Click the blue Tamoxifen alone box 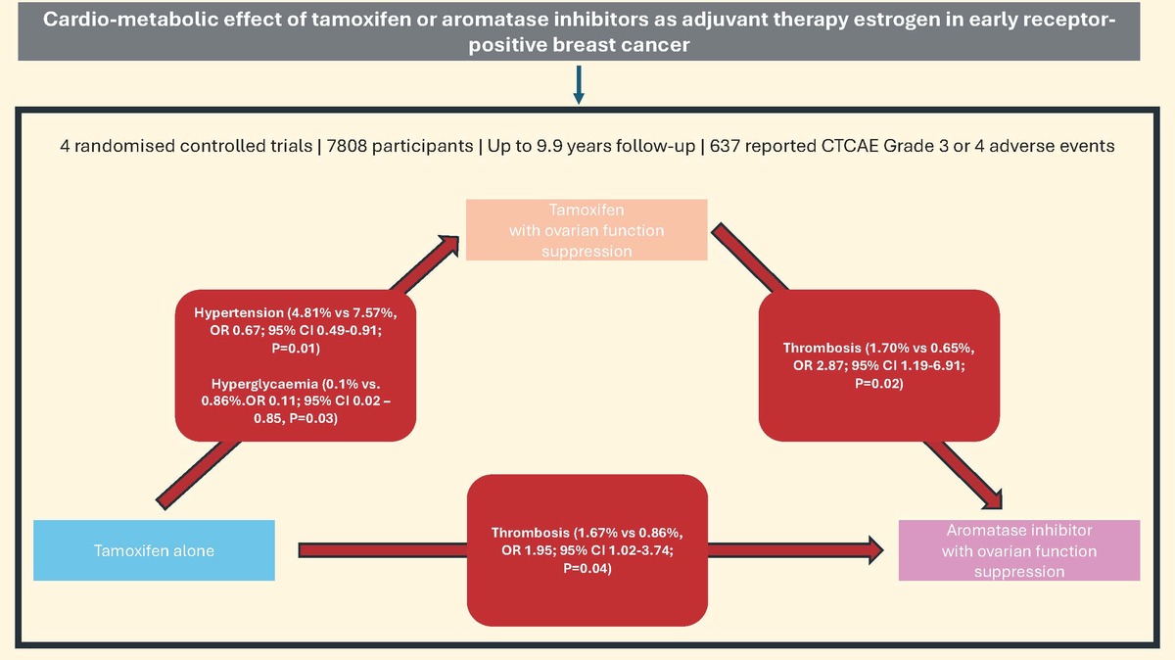click(155, 550)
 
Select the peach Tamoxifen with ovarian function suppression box click(587, 230)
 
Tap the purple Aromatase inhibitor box click(1019, 550)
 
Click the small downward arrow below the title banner click(579, 84)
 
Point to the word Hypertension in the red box click(239, 312)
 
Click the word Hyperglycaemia click(264, 384)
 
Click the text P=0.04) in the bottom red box click(587, 568)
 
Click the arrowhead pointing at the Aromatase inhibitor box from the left click(875, 550)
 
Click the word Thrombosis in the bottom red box click(530, 533)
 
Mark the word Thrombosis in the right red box click(822, 348)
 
